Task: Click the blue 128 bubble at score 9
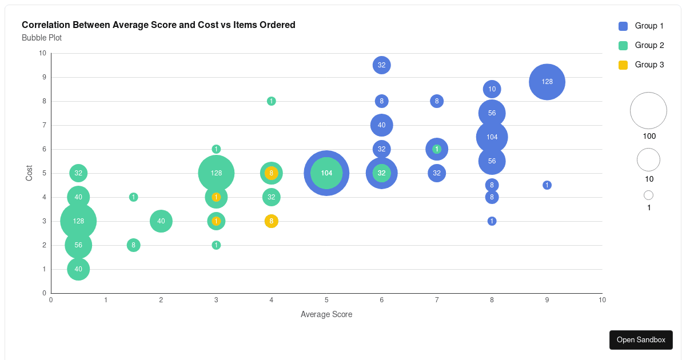click(x=547, y=82)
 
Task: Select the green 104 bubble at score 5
click(x=326, y=173)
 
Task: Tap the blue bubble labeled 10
click(x=492, y=89)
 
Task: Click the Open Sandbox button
click(x=641, y=339)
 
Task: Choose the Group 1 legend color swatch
click(x=623, y=26)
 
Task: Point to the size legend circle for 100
click(x=648, y=111)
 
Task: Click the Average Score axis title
click(x=326, y=314)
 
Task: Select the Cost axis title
click(x=29, y=173)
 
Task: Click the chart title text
click(x=158, y=25)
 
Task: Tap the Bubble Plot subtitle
click(x=42, y=38)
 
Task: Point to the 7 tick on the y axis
click(x=43, y=125)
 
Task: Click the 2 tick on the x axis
click(x=161, y=299)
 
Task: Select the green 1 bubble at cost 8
click(x=272, y=101)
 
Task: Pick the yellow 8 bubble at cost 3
click(x=272, y=221)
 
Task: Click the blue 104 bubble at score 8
click(x=492, y=137)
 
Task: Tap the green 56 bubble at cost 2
click(x=78, y=245)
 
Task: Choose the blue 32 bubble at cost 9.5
click(x=381, y=65)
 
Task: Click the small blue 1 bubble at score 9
click(x=547, y=185)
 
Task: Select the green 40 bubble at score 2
click(x=161, y=221)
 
